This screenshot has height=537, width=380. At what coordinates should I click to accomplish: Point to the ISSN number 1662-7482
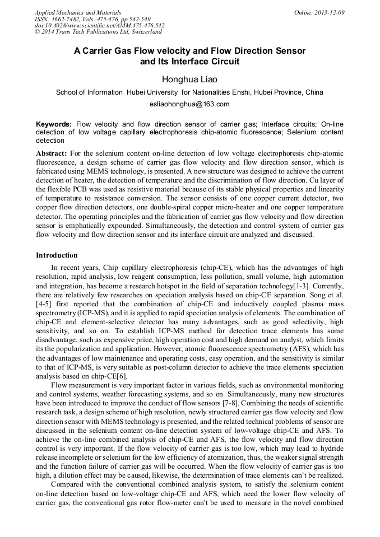point(68,18)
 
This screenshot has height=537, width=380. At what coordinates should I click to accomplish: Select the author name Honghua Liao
point(189,80)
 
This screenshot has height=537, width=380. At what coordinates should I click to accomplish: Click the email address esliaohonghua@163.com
point(189,104)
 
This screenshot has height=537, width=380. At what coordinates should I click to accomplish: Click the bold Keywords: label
point(54,124)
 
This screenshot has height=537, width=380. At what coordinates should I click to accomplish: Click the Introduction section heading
point(57,255)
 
